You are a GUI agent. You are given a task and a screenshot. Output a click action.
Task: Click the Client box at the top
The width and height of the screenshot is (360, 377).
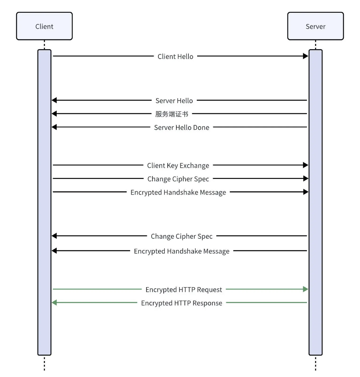click(44, 26)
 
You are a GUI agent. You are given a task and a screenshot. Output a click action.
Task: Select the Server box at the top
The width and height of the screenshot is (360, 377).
click(316, 26)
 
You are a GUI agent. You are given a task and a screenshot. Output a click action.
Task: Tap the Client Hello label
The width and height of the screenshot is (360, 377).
click(176, 56)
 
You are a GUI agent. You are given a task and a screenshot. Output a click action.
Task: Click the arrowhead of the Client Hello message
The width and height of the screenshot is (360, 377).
click(305, 56)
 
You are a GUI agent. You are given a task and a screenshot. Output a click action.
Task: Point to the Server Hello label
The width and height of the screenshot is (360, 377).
click(174, 101)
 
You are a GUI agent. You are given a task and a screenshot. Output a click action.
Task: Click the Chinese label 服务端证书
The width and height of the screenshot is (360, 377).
click(172, 114)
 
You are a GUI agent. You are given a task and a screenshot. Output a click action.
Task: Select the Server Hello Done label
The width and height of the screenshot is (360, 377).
click(182, 127)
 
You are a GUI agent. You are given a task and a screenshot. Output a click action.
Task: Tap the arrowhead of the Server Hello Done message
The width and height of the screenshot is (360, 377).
click(54, 127)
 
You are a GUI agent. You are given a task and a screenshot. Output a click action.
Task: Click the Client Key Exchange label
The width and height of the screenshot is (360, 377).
click(178, 166)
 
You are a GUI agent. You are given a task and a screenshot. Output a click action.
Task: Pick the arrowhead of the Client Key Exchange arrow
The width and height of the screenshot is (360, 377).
click(305, 165)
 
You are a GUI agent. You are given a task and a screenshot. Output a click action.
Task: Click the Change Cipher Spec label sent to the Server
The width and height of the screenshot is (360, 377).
click(178, 179)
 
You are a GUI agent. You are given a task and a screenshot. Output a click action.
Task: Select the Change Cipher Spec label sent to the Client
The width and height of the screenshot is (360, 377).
click(182, 236)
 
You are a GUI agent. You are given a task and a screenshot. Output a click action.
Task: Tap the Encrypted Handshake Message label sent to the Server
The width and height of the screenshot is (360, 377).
click(178, 192)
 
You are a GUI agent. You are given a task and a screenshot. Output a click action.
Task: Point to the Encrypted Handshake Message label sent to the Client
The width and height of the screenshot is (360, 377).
click(182, 251)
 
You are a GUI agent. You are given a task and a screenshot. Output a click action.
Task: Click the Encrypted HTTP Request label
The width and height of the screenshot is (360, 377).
click(184, 290)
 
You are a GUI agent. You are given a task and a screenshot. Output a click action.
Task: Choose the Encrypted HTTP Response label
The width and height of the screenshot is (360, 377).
click(182, 303)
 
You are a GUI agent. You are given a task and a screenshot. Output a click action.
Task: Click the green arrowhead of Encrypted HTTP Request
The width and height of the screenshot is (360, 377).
click(305, 289)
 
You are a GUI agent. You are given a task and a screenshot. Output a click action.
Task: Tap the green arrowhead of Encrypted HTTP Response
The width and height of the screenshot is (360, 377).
click(54, 302)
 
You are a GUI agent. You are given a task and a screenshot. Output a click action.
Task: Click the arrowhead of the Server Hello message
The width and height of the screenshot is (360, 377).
click(54, 100)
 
